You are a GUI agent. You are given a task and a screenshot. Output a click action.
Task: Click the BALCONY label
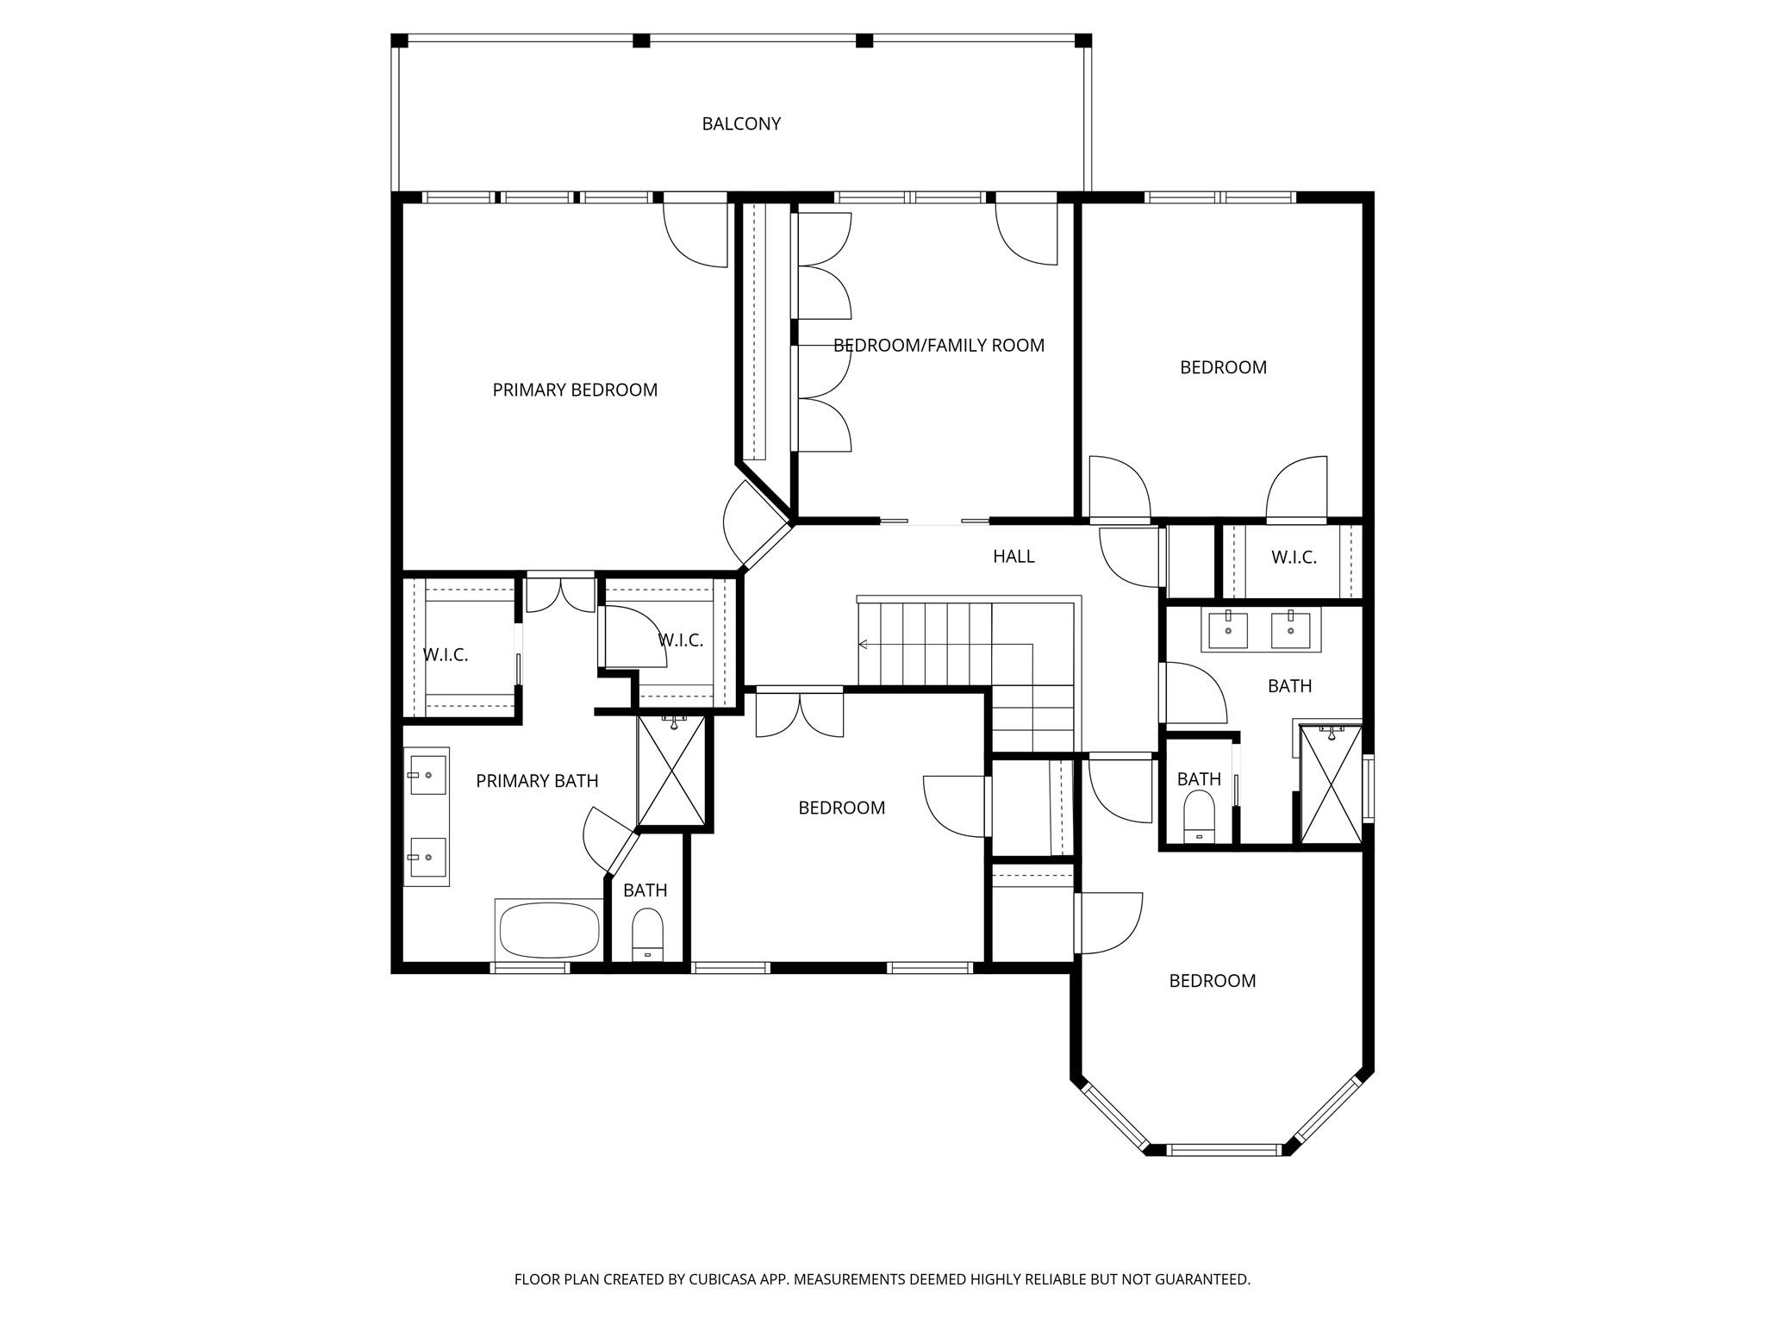coord(741,124)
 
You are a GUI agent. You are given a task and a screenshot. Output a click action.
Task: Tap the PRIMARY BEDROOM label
coord(575,390)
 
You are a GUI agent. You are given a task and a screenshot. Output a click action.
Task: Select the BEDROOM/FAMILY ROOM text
coord(939,346)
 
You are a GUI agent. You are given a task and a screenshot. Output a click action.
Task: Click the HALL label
coord(1013,557)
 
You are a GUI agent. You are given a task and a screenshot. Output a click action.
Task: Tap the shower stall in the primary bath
coord(670,771)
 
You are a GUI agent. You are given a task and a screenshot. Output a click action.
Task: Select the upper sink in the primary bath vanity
coord(427,775)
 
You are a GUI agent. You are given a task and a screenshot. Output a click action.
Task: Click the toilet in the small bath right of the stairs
coord(1199,817)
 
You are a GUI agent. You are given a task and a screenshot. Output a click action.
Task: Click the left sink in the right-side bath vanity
coord(1227,630)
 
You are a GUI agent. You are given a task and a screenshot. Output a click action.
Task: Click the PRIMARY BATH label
coord(537,781)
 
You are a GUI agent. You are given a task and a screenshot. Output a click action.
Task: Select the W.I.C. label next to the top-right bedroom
coord(1294,558)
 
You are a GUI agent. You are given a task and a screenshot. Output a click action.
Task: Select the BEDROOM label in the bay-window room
coord(1212,981)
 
